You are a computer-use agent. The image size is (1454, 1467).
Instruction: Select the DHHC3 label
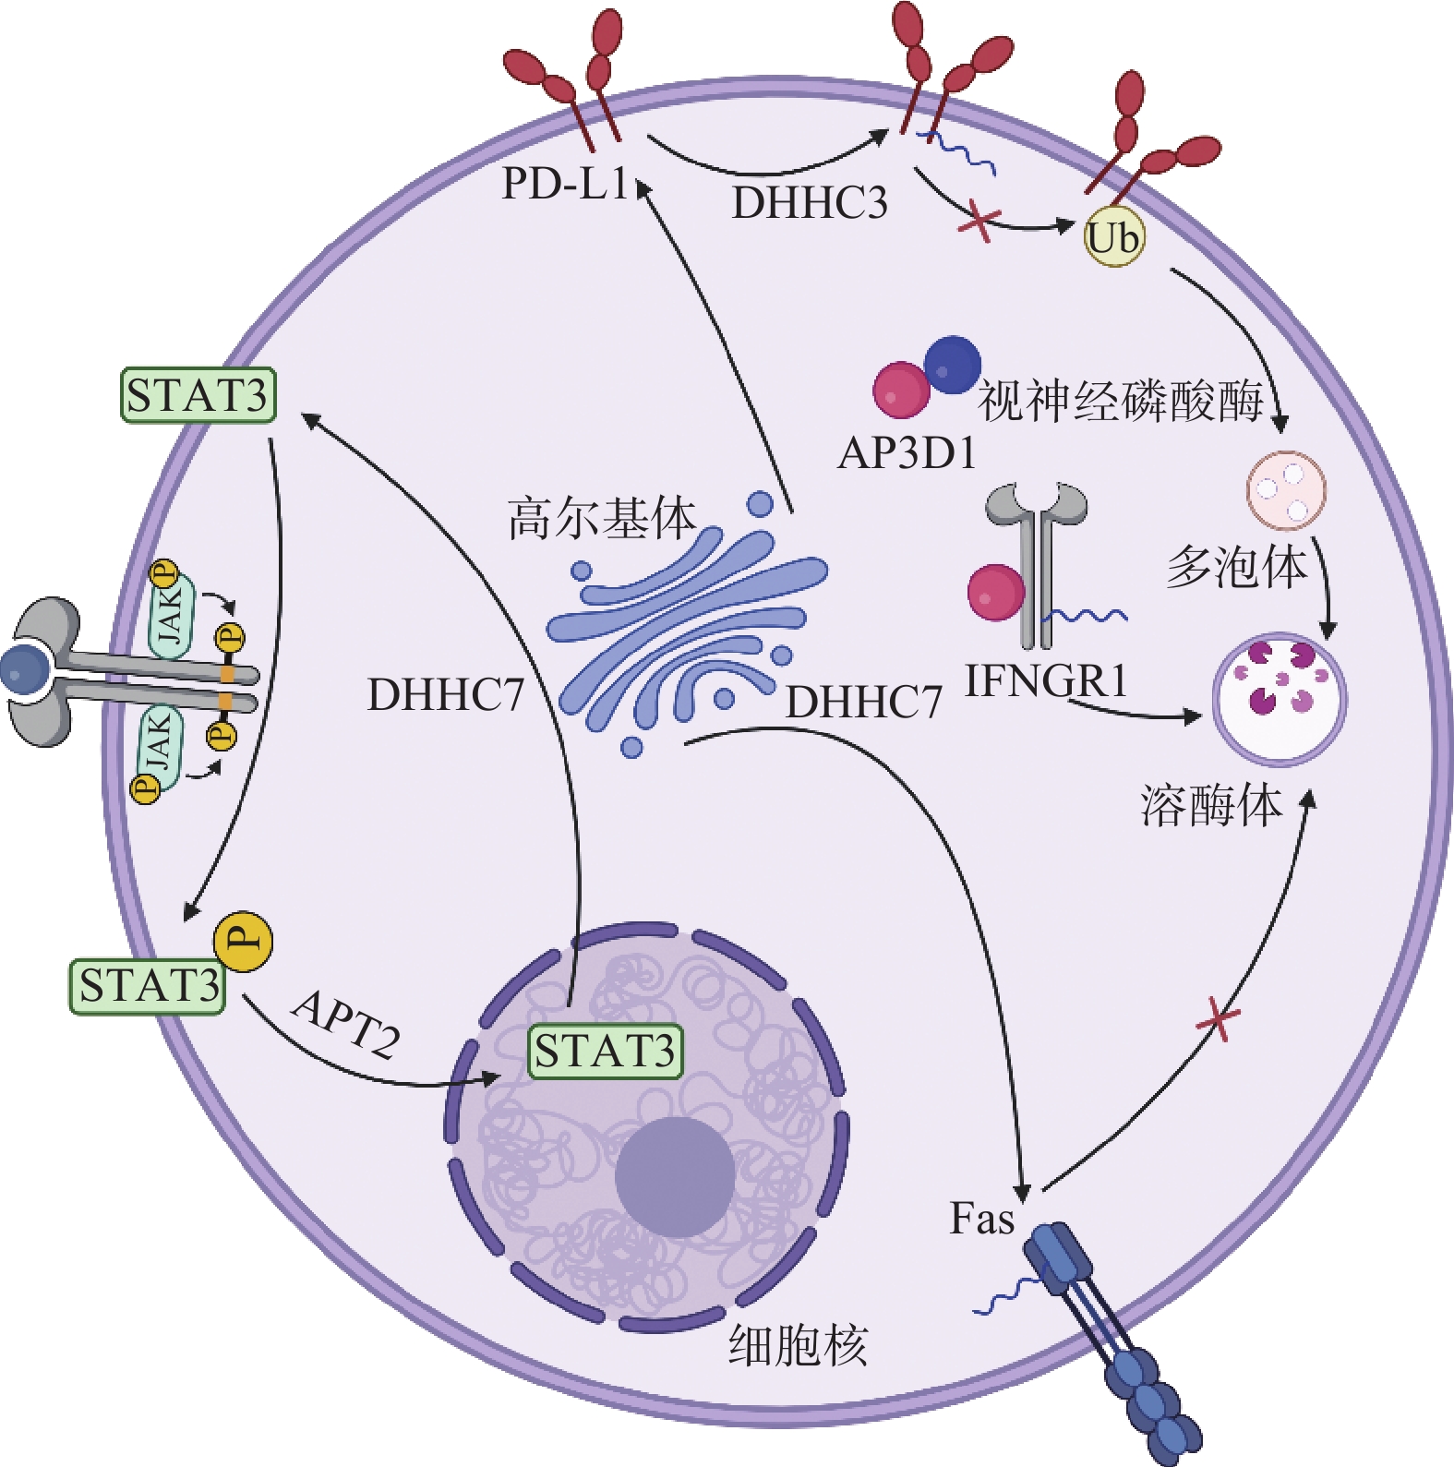[809, 203]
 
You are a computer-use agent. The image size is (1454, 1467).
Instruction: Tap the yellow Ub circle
[1113, 238]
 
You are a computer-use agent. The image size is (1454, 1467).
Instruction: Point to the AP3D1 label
[907, 453]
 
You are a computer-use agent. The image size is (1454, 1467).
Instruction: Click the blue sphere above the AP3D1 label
[952, 364]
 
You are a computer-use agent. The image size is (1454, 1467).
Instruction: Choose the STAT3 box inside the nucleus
[605, 1052]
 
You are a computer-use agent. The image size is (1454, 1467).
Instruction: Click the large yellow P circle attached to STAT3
[243, 942]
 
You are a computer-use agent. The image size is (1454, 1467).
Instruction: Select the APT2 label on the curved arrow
[347, 1023]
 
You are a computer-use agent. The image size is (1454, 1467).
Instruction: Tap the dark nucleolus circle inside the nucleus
[675, 1177]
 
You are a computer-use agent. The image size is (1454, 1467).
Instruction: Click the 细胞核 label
[798, 1345]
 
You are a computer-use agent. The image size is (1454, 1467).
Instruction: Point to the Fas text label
[982, 1219]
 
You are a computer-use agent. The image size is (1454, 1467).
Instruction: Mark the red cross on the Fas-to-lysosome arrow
[1218, 1020]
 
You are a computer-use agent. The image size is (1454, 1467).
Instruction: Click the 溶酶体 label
[1211, 805]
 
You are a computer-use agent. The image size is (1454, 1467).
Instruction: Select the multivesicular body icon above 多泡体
[1286, 490]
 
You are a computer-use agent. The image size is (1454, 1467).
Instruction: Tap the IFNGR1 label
[1046, 681]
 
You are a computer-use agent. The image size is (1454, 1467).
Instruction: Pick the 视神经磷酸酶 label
[1120, 402]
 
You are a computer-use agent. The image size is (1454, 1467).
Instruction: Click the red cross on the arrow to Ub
[979, 222]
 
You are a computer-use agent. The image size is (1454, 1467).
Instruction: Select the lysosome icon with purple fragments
[1279, 698]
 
